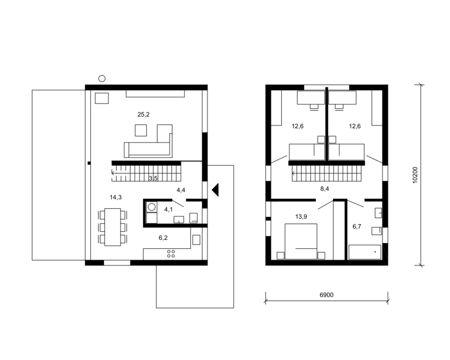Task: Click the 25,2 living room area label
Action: click(143, 114)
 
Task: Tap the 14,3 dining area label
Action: click(115, 197)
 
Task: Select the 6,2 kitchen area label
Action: click(163, 238)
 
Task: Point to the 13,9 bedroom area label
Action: click(301, 217)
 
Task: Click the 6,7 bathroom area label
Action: click(357, 226)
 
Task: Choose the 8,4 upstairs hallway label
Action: click(325, 189)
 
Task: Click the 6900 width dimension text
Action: click(326, 295)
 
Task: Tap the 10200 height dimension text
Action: click(415, 175)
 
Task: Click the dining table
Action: click(112, 227)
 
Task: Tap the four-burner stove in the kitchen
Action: click(171, 253)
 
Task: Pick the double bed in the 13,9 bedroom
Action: click(301, 241)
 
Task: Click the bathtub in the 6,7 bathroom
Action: click(365, 252)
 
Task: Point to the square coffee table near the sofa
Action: click(141, 130)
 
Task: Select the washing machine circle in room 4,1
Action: click(151, 207)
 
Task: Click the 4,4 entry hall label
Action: click(181, 190)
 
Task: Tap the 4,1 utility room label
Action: click(168, 209)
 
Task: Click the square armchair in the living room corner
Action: click(102, 98)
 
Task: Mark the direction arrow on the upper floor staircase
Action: click(294, 173)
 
